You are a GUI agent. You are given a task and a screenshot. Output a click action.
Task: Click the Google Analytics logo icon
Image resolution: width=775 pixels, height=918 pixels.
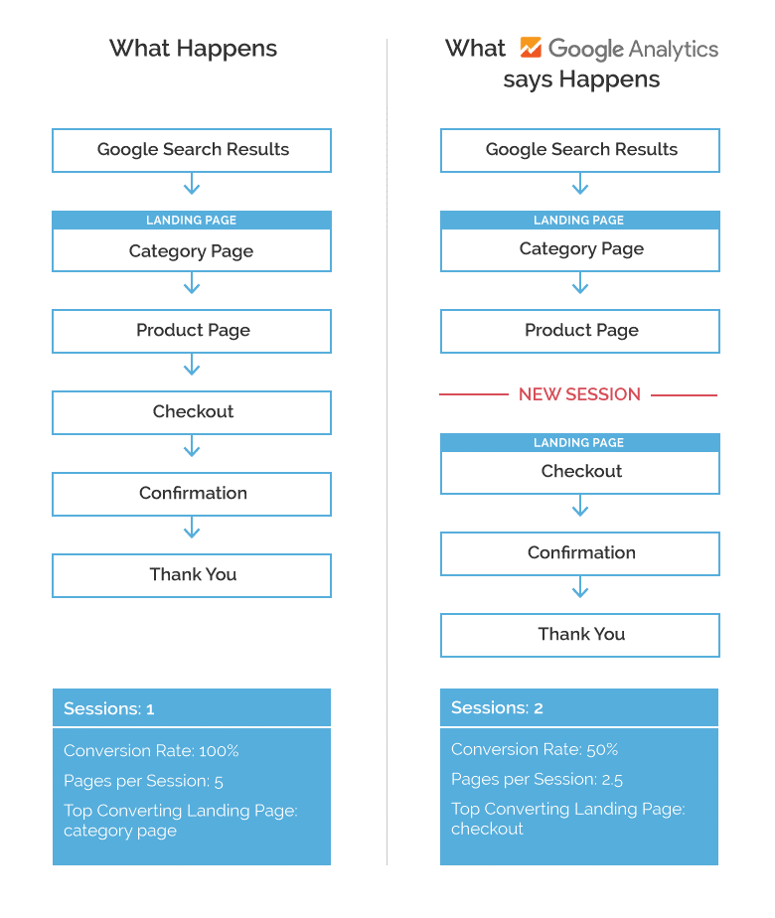[531, 48]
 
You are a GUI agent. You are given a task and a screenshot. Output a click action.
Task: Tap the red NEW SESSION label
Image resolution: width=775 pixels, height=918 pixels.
[579, 394]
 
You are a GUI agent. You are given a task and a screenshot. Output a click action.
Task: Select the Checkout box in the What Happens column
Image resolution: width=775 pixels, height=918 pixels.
[192, 412]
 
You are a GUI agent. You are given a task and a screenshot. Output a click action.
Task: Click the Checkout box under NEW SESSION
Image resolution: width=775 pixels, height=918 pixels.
[580, 472]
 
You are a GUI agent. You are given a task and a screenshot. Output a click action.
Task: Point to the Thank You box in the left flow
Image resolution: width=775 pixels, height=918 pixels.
[192, 575]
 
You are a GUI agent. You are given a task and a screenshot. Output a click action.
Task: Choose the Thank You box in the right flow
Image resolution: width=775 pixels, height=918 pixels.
[580, 635]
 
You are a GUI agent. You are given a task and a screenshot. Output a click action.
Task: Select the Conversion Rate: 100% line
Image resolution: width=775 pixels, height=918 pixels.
[151, 751]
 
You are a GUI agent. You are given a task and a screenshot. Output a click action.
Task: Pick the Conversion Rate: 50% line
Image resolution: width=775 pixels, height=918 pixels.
[535, 749]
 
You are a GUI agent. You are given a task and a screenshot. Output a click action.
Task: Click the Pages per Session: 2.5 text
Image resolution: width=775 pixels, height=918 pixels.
[538, 779]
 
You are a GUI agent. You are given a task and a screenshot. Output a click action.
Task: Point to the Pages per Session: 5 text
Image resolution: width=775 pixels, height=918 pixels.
[143, 781]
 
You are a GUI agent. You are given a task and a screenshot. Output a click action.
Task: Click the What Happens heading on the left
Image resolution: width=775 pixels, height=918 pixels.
[193, 48]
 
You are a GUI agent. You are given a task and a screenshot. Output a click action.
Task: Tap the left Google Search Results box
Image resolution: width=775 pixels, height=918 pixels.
[192, 150]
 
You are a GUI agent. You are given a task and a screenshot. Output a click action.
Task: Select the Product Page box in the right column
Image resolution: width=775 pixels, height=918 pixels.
[580, 331]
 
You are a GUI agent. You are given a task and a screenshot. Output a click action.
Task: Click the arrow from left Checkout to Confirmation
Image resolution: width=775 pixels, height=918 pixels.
[192, 450]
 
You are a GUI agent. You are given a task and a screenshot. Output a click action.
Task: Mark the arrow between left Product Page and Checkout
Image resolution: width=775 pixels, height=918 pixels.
[192, 369]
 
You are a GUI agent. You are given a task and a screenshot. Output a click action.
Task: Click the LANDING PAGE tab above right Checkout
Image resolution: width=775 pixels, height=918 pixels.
[579, 443]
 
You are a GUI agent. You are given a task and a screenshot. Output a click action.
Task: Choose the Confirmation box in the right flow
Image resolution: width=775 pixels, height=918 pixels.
[580, 553]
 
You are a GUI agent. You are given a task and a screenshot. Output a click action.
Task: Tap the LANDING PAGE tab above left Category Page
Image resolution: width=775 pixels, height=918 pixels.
[192, 221]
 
